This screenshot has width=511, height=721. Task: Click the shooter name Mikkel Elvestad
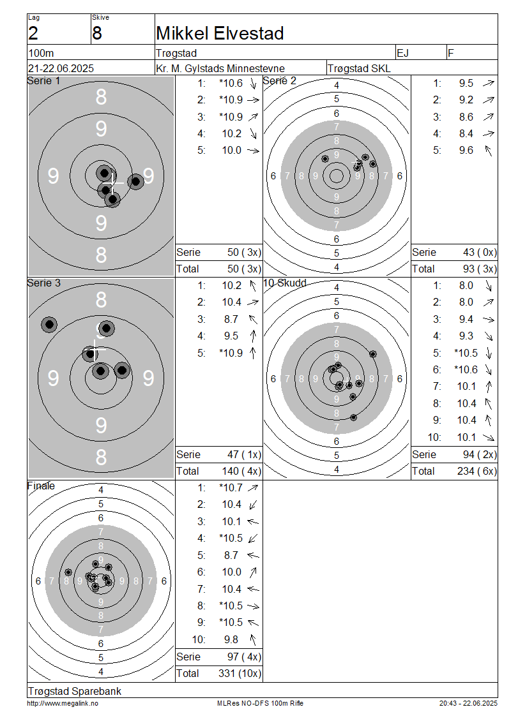point(220,33)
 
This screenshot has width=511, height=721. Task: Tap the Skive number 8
point(96,33)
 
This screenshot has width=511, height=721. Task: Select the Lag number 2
point(33,33)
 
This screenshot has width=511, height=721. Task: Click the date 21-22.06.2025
point(61,68)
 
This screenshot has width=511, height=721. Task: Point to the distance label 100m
point(41,53)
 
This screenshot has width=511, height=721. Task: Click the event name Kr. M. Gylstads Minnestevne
point(220,68)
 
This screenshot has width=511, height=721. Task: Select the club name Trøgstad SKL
point(358,68)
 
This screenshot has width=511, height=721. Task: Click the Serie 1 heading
point(43,81)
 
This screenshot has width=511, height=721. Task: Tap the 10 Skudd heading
point(285,283)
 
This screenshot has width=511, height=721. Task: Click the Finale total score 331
point(227,674)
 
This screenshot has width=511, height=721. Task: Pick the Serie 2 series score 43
point(469,253)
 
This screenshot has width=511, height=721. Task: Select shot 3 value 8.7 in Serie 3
point(231,319)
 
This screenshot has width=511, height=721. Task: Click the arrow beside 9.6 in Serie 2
point(489,151)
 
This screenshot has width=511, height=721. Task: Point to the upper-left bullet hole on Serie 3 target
point(49,325)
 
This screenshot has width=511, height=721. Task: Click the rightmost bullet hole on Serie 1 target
point(135,181)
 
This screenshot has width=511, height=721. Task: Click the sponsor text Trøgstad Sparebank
point(75,691)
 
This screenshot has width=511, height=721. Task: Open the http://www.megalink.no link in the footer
point(63,704)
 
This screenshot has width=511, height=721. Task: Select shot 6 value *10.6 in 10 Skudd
point(466,369)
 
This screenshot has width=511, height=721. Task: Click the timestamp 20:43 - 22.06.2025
point(468,704)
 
